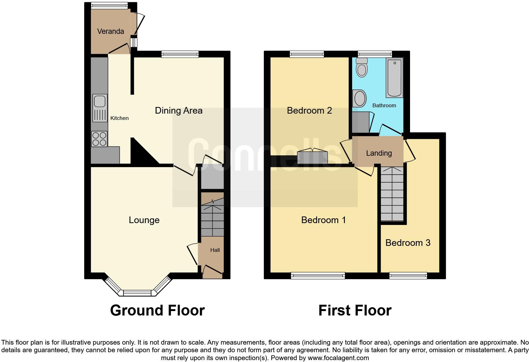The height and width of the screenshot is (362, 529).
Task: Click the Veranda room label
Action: [110, 31]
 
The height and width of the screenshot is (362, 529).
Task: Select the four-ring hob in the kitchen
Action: [99, 139]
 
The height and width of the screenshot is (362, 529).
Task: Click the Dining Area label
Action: [178, 110]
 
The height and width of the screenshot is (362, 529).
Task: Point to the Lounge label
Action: [144, 220]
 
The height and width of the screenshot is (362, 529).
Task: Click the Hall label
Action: [215, 250]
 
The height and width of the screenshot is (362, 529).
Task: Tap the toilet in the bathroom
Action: [361, 68]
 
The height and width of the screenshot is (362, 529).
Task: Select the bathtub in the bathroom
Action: [394, 78]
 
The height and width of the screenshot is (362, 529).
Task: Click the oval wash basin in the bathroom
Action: [360, 98]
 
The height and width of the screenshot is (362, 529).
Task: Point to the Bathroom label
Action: [384, 105]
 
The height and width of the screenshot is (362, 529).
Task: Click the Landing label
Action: [379, 153]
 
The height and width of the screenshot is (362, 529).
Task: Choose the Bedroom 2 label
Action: [309, 110]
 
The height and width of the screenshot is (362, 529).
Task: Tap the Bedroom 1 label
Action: [323, 220]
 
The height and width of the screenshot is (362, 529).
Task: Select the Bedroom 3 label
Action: [408, 243]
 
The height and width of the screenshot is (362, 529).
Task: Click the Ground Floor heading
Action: [157, 310]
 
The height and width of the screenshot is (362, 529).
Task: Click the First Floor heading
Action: [355, 310]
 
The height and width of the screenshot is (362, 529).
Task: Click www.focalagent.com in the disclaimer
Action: [338, 358]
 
